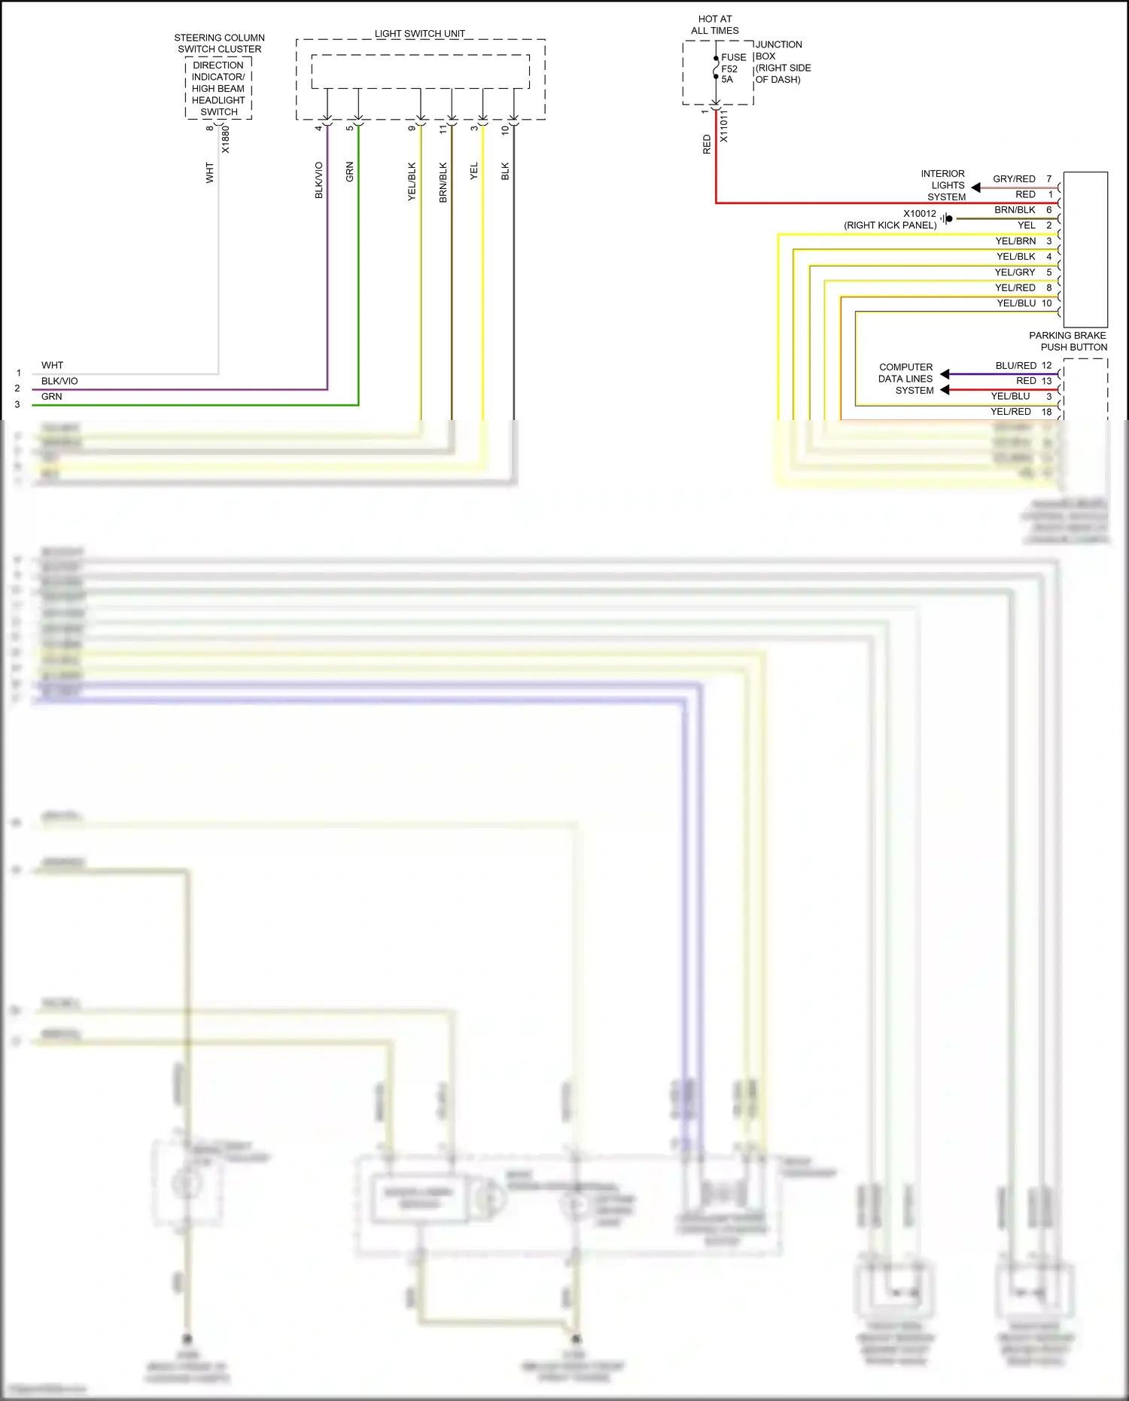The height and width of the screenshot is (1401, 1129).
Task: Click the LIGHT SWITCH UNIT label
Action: coord(419,34)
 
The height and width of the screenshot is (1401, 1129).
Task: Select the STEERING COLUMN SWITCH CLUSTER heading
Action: coord(219,43)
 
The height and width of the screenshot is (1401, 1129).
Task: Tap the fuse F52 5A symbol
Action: coord(716,68)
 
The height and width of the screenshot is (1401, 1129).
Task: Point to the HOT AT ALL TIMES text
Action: coord(714,25)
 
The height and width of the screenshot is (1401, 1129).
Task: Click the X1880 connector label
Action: coord(225,139)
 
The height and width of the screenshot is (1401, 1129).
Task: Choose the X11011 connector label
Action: coord(723,126)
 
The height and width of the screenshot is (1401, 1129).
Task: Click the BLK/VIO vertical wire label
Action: coord(319,180)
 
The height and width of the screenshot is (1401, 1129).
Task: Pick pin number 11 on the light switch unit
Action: coord(443,129)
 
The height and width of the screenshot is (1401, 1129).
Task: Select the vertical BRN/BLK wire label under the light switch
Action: coord(443,182)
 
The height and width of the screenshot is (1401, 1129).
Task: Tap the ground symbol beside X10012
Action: coord(946,218)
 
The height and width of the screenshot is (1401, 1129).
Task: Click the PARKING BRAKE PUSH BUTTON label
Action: coord(1068,341)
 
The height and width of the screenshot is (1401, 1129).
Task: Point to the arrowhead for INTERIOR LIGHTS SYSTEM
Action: coord(976,187)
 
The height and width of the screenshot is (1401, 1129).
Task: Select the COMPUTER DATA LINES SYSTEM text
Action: coord(905,379)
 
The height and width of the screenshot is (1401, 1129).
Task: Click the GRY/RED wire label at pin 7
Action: coord(1013,179)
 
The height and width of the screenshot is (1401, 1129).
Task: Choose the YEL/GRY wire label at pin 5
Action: coord(1015,273)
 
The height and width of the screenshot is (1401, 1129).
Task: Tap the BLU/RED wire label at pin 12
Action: coord(1015,366)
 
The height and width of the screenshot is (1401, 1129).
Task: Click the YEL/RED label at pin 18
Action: coord(1010,412)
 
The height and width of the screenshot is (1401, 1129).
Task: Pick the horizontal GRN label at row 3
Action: coord(52,397)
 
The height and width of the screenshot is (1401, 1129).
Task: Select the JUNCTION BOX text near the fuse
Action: coord(780,62)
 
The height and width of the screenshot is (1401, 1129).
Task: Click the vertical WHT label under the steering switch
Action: coord(210,173)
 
